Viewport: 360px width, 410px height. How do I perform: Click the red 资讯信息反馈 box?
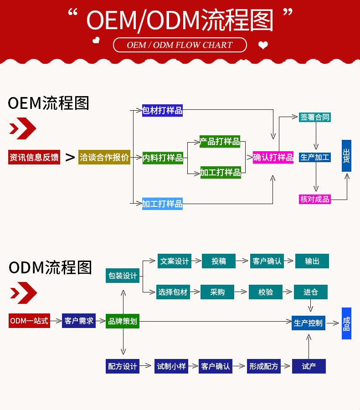click(x=34, y=157)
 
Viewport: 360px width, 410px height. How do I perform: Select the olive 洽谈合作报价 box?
click(x=104, y=157)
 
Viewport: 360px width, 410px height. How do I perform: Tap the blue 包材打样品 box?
click(x=162, y=110)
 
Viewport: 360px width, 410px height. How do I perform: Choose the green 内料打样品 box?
click(x=163, y=158)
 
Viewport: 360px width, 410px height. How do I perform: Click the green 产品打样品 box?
click(x=220, y=141)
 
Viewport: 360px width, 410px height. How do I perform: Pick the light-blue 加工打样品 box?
click(x=162, y=204)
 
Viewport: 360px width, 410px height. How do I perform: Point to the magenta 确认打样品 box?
click(x=273, y=157)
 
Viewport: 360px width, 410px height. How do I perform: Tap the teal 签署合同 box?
click(x=315, y=117)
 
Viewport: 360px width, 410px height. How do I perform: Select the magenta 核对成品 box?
click(x=315, y=199)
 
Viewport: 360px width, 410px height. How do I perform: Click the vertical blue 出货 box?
click(x=346, y=156)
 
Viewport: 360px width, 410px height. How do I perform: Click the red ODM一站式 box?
click(x=29, y=321)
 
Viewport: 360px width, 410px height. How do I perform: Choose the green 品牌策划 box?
click(x=123, y=321)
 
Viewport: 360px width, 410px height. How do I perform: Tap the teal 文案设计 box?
click(x=174, y=261)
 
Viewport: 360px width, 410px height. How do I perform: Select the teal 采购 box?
click(x=217, y=292)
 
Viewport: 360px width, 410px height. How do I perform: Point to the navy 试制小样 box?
click(x=171, y=366)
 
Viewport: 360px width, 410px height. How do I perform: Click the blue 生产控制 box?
click(x=308, y=323)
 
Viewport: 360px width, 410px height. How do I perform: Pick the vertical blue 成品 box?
click(x=346, y=323)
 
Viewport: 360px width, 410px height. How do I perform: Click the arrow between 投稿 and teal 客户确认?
click(x=243, y=261)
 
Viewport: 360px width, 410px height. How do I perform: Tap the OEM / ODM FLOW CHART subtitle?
click(x=180, y=45)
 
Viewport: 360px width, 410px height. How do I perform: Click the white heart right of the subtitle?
click(x=263, y=45)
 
